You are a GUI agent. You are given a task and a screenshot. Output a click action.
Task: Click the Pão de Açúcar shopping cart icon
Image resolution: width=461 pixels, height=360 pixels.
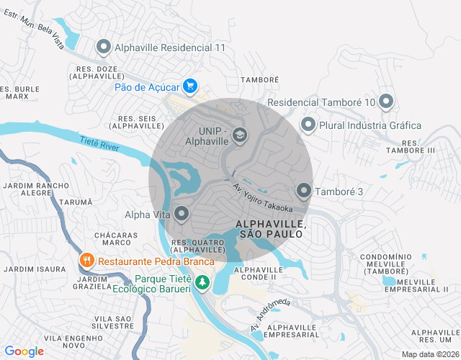(190, 86)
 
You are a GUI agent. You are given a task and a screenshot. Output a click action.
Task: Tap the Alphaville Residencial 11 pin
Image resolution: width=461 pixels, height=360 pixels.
(103, 48)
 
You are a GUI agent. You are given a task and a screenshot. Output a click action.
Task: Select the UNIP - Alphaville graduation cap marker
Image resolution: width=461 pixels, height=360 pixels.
(239, 135)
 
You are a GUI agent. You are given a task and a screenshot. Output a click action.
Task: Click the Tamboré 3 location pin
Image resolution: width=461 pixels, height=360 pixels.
(304, 191)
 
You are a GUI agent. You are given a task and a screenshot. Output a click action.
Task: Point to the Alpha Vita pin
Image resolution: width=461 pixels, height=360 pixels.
(182, 213)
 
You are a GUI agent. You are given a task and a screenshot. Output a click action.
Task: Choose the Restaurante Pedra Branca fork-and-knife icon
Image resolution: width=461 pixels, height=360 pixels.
(86, 261)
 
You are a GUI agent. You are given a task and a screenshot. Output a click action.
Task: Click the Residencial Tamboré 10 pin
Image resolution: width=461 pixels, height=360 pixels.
(386, 102)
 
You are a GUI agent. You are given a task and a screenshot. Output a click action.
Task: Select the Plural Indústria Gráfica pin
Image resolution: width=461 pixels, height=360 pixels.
(308, 125)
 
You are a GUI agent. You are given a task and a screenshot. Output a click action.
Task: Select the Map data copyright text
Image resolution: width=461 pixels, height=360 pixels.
(430, 354)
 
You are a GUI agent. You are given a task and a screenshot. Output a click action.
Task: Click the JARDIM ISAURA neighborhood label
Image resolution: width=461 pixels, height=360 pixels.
(29, 269)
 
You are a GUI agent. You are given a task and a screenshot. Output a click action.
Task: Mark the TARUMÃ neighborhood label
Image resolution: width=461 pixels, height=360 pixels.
(76, 204)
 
